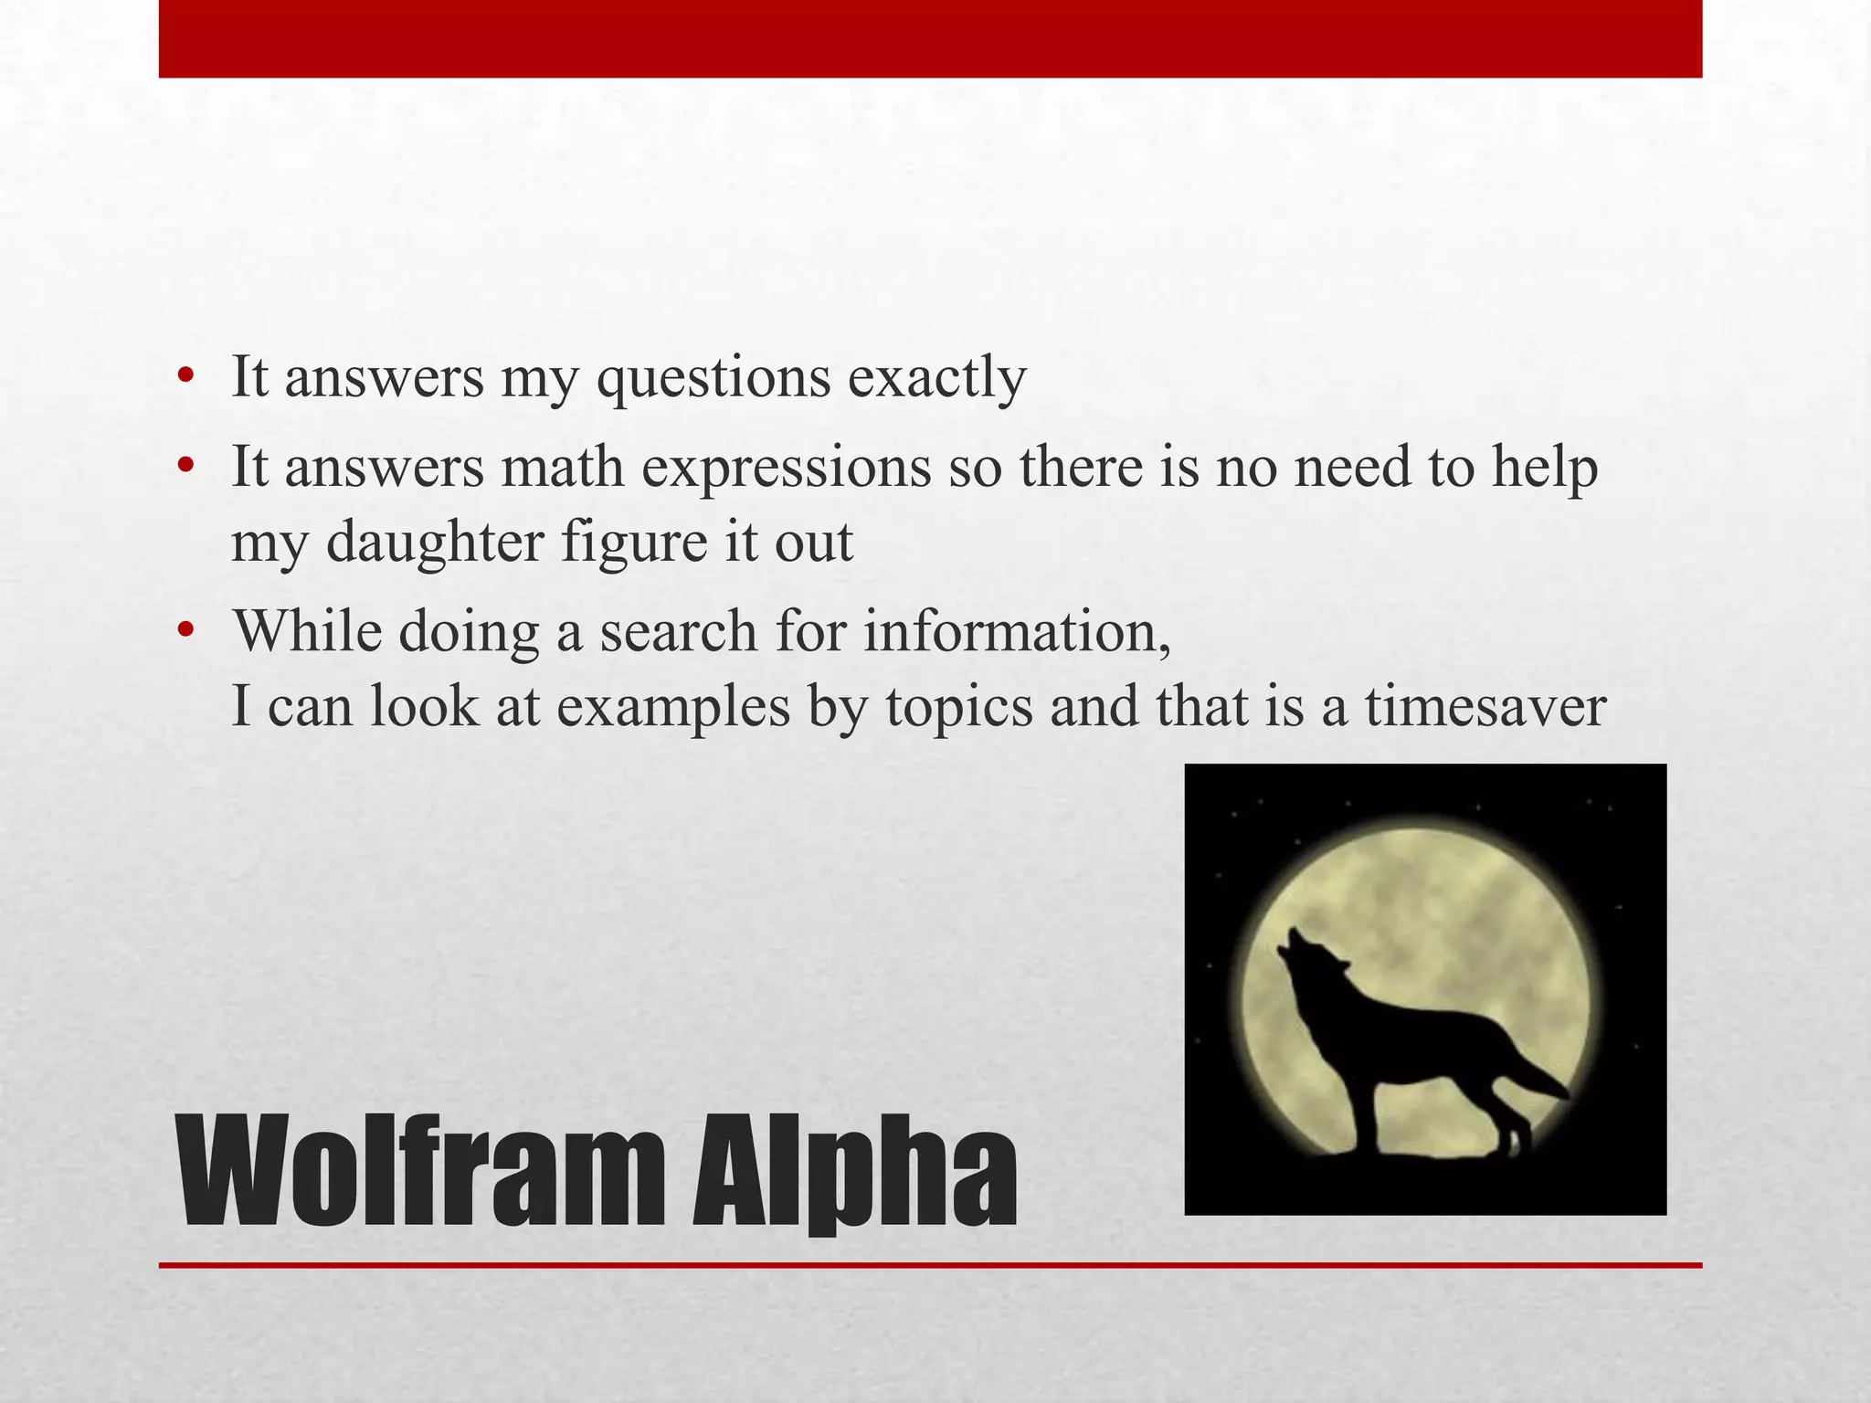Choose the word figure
pyautogui.click(x=633, y=543)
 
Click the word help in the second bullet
pyautogui.click(x=1545, y=468)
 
